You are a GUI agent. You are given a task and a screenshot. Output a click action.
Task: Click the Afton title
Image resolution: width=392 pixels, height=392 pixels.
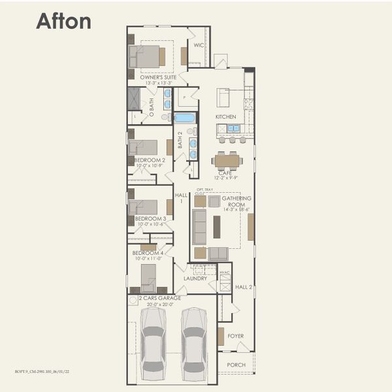click(x=63, y=21)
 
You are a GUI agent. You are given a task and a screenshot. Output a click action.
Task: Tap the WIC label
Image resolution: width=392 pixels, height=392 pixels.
click(x=199, y=46)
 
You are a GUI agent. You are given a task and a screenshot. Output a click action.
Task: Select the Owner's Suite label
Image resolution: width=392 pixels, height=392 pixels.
click(x=158, y=77)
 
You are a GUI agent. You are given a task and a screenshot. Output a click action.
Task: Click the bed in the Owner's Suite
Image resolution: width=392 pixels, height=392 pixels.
click(x=147, y=56)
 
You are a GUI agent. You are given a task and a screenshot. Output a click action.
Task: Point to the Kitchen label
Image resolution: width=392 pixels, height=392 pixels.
click(x=225, y=117)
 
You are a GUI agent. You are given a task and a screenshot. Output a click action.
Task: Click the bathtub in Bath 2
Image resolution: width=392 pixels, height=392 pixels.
click(x=184, y=118)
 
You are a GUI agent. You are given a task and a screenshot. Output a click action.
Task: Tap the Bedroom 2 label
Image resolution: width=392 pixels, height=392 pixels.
click(x=150, y=159)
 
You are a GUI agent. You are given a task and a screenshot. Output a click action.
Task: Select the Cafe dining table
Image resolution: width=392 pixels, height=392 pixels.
click(x=227, y=160)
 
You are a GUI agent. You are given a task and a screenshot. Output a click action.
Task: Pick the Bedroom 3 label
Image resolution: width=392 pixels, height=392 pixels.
click(x=150, y=219)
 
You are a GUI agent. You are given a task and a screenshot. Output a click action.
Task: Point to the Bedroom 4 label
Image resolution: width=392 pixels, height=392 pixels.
click(x=147, y=253)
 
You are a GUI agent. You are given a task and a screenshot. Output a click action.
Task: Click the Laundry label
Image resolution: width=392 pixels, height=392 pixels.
click(x=195, y=278)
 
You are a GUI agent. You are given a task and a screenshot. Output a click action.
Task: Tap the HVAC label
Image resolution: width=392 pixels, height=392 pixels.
click(x=225, y=272)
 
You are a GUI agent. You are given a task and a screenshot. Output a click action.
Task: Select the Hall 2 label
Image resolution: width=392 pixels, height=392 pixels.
click(x=244, y=287)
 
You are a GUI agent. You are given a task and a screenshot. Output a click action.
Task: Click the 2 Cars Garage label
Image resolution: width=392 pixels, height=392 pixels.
click(x=159, y=298)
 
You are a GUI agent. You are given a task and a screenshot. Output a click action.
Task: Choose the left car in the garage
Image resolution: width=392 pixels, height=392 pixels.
click(x=153, y=343)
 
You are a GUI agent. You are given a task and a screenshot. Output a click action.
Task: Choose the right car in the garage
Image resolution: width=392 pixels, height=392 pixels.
click(x=194, y=343)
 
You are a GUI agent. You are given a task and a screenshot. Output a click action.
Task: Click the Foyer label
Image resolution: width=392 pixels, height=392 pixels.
click(x=235, y=336)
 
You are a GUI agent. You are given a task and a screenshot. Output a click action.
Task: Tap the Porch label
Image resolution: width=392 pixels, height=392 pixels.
click(x=236, y=365)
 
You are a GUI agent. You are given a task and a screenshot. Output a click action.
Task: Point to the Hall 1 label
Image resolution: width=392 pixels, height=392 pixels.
click(x=182, y=197)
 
